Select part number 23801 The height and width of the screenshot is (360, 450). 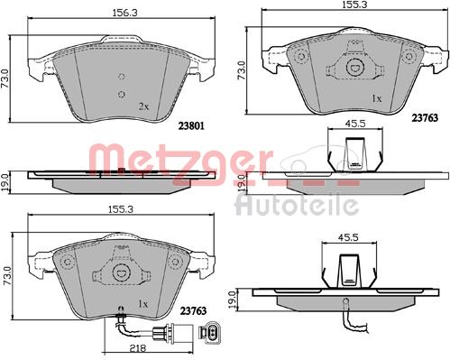[191, 125]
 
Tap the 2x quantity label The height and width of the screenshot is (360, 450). [143, 106]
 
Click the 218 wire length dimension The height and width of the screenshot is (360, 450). [137, 348]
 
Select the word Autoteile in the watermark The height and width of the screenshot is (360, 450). [297, 205]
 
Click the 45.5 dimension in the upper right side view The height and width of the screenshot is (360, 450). [356, 123]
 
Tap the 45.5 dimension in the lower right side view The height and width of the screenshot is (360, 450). [349, 237]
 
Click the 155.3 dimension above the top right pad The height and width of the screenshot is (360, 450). [354, 5]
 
